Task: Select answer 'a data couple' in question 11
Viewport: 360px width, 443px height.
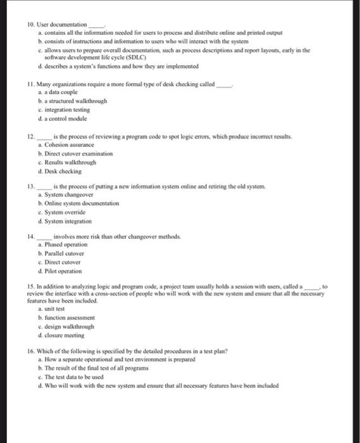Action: (x=65, y=92)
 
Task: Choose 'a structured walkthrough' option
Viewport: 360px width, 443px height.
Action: (x=75, y=101)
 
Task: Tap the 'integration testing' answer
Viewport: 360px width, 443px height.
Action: (x=70, y=109)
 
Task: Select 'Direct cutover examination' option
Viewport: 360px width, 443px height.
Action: (x=78, y=153)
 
